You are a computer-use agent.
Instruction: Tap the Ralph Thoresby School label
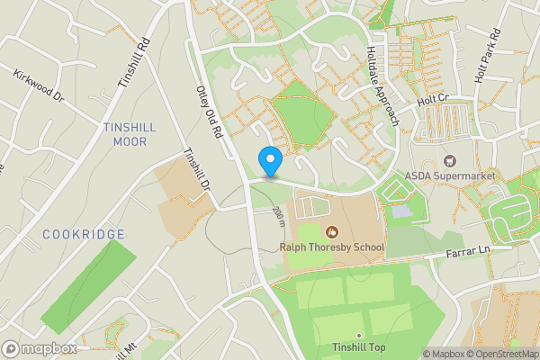[x=332, y=247]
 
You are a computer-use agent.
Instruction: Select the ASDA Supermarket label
[x=450, y=175]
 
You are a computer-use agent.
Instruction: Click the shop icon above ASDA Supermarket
[x=450, y=160]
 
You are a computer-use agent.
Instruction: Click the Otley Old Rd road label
[x=208, y=111]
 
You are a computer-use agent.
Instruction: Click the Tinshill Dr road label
[x=196, y=169]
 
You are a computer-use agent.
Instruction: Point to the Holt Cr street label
[x=433, y=103]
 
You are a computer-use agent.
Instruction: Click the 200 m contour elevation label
[x=279, y=217]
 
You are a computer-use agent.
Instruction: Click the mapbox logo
[x=40, y=348]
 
